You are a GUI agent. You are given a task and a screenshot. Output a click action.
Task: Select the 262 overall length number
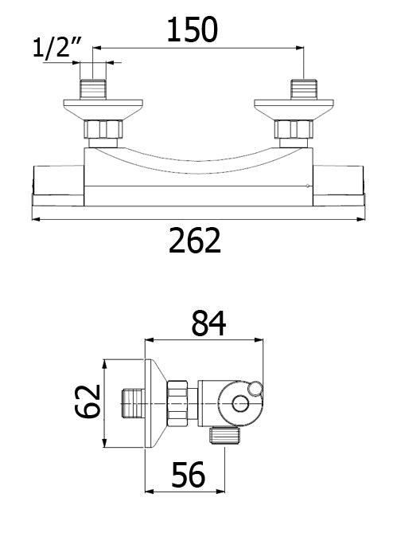point(195,240)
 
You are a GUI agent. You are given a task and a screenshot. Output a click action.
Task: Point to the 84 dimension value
point(208,323)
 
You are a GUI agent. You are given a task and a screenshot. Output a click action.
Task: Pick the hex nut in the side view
point(179,404)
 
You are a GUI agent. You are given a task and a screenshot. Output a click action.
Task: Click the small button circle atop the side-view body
point(255,388)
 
